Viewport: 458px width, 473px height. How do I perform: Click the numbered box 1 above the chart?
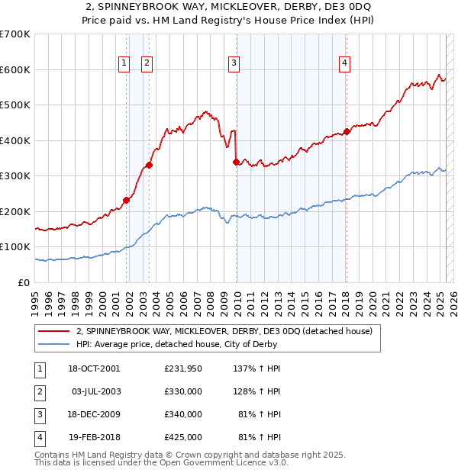(123, 64)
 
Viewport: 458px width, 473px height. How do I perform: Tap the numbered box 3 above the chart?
(234, 64)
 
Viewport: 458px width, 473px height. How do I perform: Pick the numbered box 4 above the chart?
(345, 64)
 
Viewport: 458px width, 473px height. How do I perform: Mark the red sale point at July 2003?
(150, 165)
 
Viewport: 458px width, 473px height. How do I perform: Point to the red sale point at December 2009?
(237, 162)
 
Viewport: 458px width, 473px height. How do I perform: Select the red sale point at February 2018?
(347, 131)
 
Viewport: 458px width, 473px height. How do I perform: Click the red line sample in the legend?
(54, 331)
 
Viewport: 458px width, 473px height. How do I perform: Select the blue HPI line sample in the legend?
(54, 344)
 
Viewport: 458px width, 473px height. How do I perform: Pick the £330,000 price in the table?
(182, 391)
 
